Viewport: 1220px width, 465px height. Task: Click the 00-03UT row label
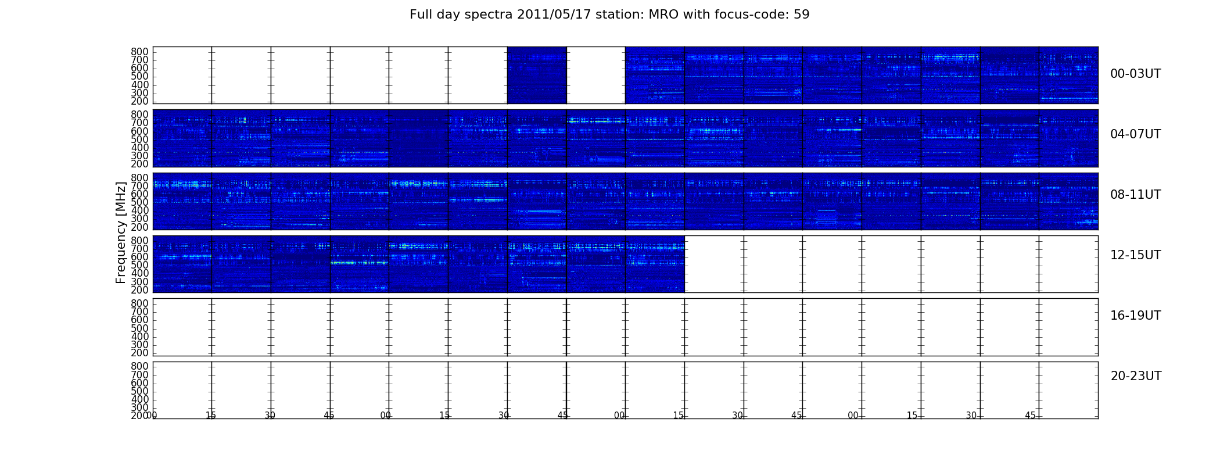[1135, 74]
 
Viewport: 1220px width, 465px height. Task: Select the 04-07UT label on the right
[1135, 134]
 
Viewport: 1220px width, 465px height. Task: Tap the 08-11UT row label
[1135, 195]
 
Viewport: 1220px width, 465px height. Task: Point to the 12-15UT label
[1135, 255]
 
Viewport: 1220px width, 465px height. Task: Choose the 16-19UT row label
[1135, 316]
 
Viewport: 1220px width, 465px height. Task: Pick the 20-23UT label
[1136, 376]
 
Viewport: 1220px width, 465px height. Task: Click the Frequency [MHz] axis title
[121, 233]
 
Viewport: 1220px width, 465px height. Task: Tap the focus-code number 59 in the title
[802, 15]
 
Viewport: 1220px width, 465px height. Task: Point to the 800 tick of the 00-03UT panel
[140, 52]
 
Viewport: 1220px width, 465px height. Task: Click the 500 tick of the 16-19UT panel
[140, 328]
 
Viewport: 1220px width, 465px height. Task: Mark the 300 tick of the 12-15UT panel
[140, 282]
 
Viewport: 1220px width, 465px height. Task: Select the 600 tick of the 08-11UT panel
[140, 194]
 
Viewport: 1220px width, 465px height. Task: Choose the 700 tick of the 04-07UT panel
[140, 123]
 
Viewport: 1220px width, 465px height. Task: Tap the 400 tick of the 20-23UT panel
[140, 399]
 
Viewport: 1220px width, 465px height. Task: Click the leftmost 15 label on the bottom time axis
[211, 416]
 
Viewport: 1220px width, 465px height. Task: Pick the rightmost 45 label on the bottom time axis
[1030, 416]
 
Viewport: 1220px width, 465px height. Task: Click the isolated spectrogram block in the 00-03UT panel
[537, 76]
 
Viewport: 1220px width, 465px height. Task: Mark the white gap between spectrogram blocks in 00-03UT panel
[596, 76]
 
